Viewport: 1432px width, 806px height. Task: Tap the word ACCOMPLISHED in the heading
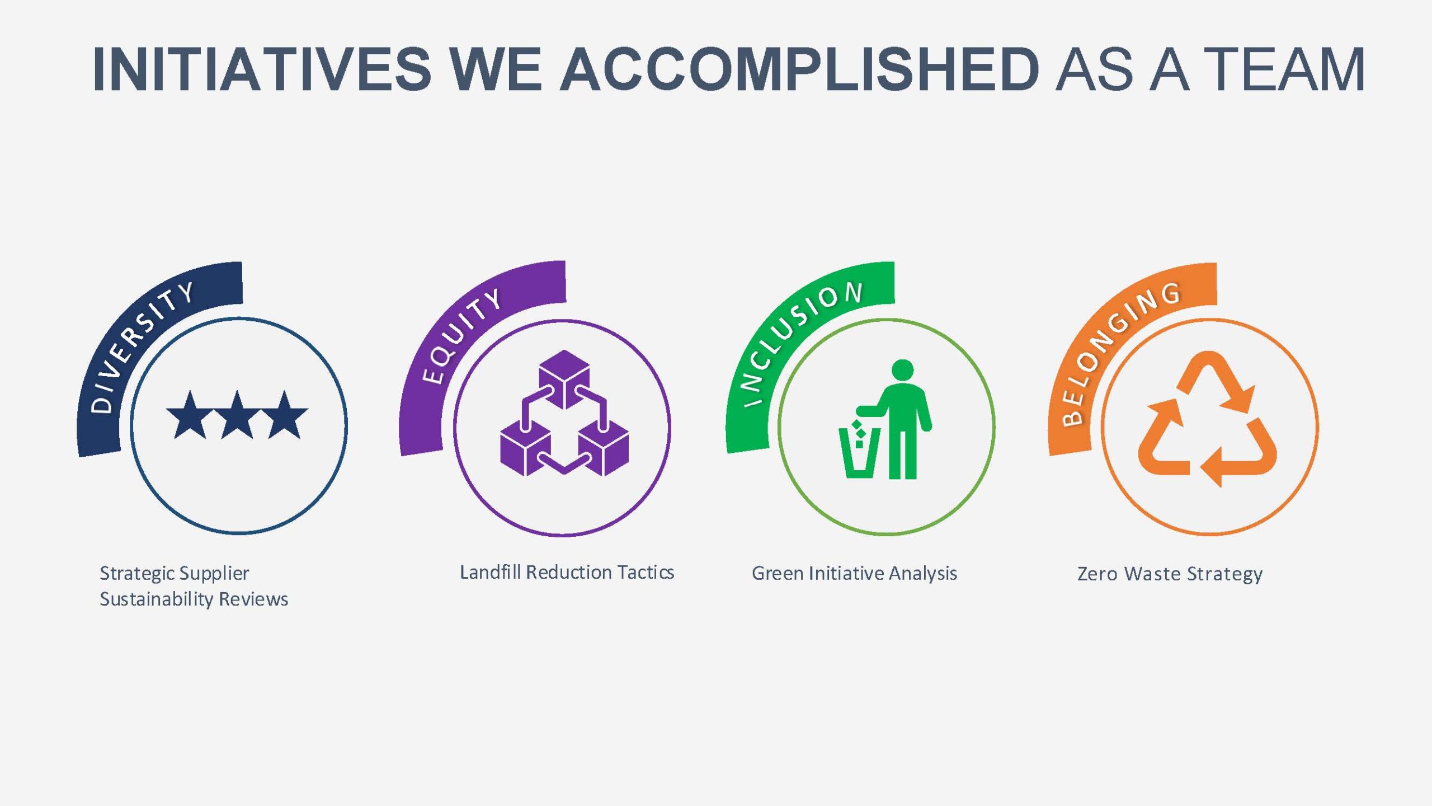click(x=800, y=69)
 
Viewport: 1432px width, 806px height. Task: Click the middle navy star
click(x=237, y=415)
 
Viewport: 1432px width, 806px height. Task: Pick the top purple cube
click(x=564, y=379)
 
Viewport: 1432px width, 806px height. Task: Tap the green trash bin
click(x=859, y=452)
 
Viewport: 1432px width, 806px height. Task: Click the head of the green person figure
click(x=902, y=370)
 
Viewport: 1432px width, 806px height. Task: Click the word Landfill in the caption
click(x=490, y=572)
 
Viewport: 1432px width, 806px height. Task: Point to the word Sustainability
click(x=157, y=599)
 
